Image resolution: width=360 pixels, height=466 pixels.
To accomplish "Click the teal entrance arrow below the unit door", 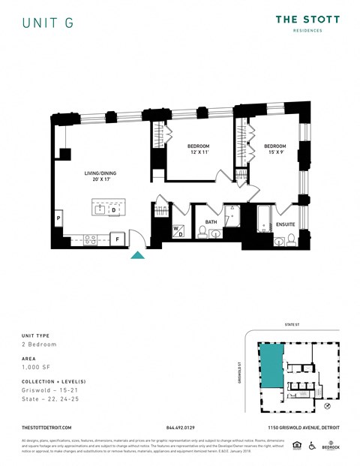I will point(138,255).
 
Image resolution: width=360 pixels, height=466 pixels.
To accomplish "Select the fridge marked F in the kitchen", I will point(117,239).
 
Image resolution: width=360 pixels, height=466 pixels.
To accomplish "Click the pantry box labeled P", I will point(58,218).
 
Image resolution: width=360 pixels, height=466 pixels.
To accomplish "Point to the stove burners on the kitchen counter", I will point(89,240).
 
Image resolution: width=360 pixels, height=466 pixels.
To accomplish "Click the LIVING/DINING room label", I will point(100,176).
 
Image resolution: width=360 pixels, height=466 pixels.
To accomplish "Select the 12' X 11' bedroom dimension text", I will point(198,152).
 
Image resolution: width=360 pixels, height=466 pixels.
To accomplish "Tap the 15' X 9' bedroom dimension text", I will point(274,152).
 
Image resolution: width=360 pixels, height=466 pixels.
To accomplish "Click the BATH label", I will point(211,221).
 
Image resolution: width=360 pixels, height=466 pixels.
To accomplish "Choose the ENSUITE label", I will point(285,224).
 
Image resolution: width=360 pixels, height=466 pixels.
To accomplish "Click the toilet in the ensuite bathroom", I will point(278,240).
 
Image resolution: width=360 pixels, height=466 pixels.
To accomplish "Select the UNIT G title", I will point(48,23).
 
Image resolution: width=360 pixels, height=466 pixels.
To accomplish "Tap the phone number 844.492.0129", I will point(180,427).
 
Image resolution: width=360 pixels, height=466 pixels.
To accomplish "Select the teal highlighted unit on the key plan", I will point(271,365).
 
